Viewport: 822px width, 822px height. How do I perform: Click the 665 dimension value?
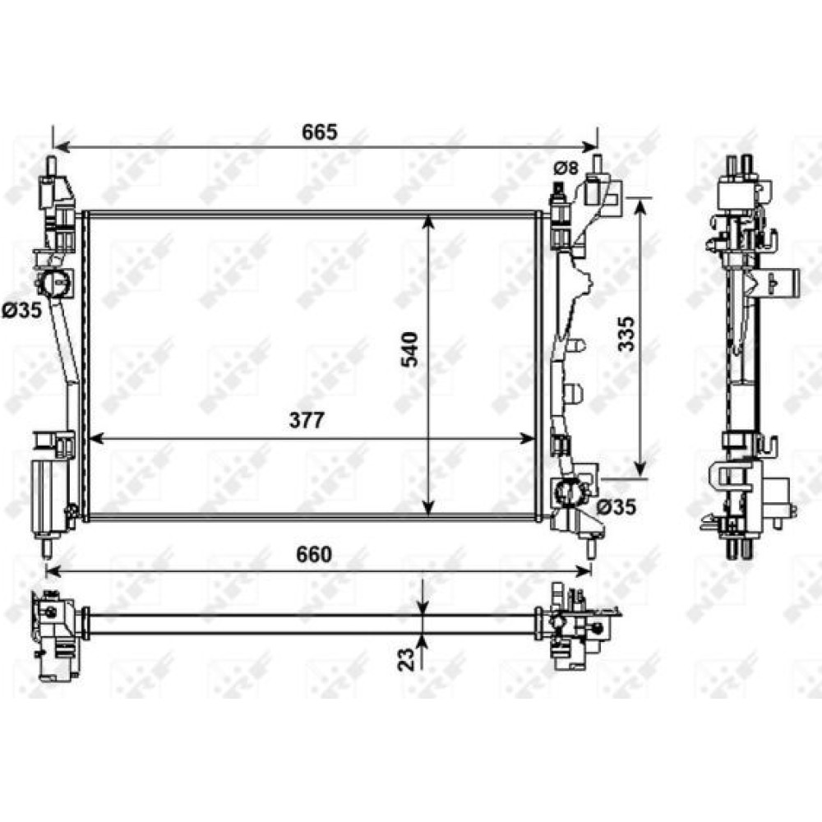pos(319,132)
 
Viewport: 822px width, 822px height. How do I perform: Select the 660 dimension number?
pos(313,554)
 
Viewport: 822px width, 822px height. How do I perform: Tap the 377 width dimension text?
pos(307,420)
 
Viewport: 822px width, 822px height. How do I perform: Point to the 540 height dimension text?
pos(409,349)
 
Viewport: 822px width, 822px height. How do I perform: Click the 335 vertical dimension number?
pos(626,334)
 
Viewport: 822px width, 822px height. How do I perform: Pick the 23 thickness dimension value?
pos(406,658)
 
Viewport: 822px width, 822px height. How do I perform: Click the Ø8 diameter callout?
pos(566,169)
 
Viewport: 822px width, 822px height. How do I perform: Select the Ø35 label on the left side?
pos(21,311)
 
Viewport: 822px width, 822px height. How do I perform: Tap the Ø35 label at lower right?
pos(616,506)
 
